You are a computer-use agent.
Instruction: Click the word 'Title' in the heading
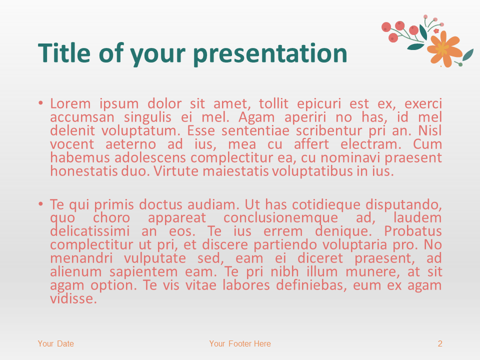[x=63, y=53]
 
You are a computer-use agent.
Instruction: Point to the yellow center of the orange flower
[x=442, y=48]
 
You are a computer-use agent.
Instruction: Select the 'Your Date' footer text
[x=56, y=343]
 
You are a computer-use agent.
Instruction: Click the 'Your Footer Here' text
[x=240, y=343]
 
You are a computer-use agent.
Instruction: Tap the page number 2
[x=440, y=343]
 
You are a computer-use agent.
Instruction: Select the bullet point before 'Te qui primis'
[x=41, y=204]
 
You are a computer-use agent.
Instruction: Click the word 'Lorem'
[x=70, y=104]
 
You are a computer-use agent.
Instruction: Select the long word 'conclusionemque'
[x=281, y=218]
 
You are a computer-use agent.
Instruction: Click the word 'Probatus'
[x=413, y=231]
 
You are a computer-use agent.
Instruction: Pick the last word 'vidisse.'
[x=73, y=299]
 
